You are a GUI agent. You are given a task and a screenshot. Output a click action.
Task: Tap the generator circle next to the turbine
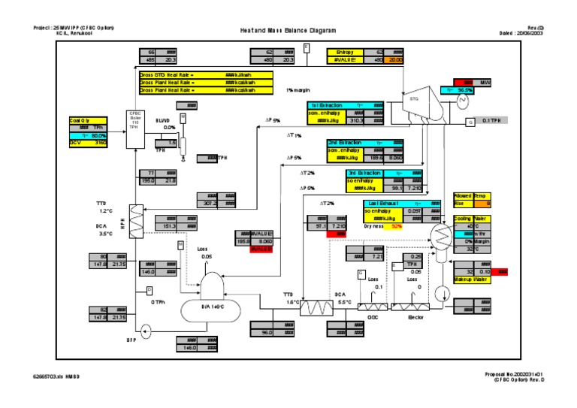(463, 101)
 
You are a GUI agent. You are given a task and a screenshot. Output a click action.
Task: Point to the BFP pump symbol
(144, 328)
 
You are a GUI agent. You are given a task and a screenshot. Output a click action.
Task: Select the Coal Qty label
(80, 120)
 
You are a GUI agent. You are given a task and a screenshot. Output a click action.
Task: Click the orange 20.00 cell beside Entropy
(395, 59)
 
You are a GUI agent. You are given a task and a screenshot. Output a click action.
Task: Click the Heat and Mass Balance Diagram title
(288, 31)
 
